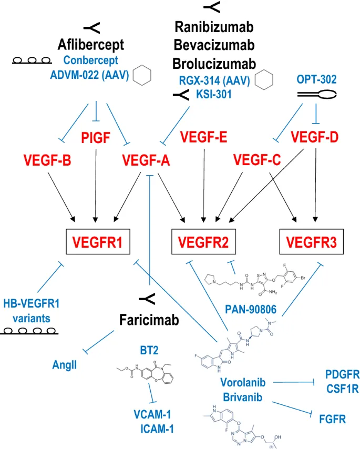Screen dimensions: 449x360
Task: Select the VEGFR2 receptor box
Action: tap(203, 242)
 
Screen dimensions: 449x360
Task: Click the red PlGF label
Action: tap(96, 138)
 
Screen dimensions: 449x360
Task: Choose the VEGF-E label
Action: tap(203, 138)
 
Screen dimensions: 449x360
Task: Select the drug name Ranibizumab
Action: tap(214, 26)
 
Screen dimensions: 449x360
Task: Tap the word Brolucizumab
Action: tap(214, 63)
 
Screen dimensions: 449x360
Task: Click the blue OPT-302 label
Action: tap(316, 79)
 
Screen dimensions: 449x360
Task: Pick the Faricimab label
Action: tap(149, 320)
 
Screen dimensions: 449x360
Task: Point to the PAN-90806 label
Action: tap(251, 308)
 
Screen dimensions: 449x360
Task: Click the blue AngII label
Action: tap(65, 364)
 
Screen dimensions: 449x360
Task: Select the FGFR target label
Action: tap(332, 420)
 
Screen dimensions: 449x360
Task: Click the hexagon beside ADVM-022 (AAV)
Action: tap(142, 75)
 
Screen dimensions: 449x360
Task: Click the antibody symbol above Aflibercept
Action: tap(91, 26)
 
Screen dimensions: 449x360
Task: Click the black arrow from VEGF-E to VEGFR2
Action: tap(203, 184)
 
